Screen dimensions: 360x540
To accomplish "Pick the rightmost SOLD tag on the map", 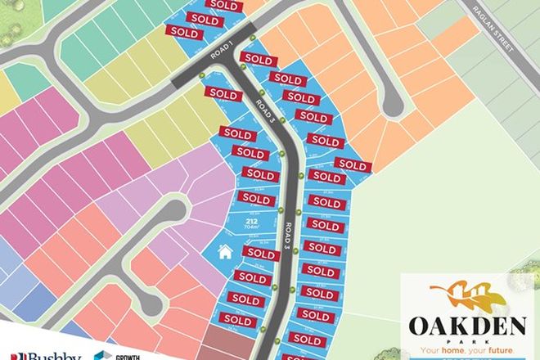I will coord(353,165).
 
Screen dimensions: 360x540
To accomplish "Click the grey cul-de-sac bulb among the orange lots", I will coord(391,104).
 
